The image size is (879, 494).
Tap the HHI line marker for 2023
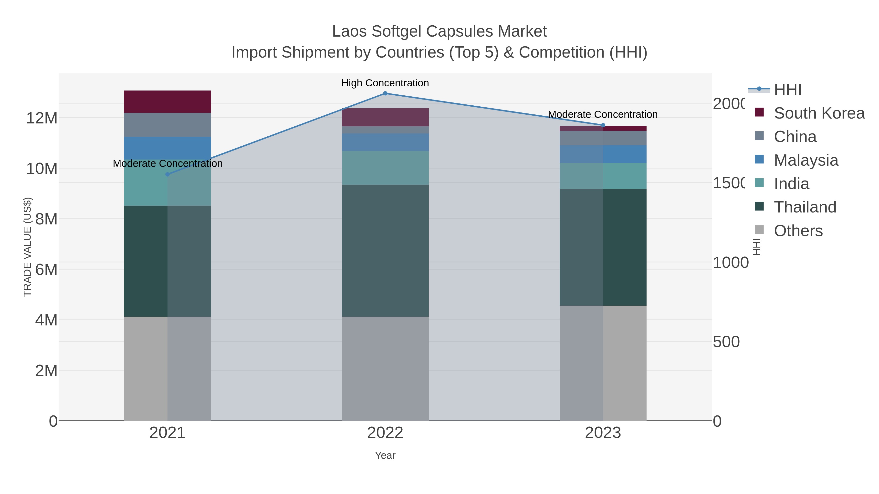click(603, 125)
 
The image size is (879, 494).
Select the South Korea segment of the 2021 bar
click(167, 101)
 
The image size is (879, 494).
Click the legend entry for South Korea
click(819, 113)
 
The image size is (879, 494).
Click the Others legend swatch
click(759, 230)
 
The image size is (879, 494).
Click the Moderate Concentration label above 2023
click(603, 115)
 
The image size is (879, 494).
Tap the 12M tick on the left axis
click(42, 118)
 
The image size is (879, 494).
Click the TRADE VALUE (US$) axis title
click(27, 247)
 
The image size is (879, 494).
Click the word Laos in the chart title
click(349, 31)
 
